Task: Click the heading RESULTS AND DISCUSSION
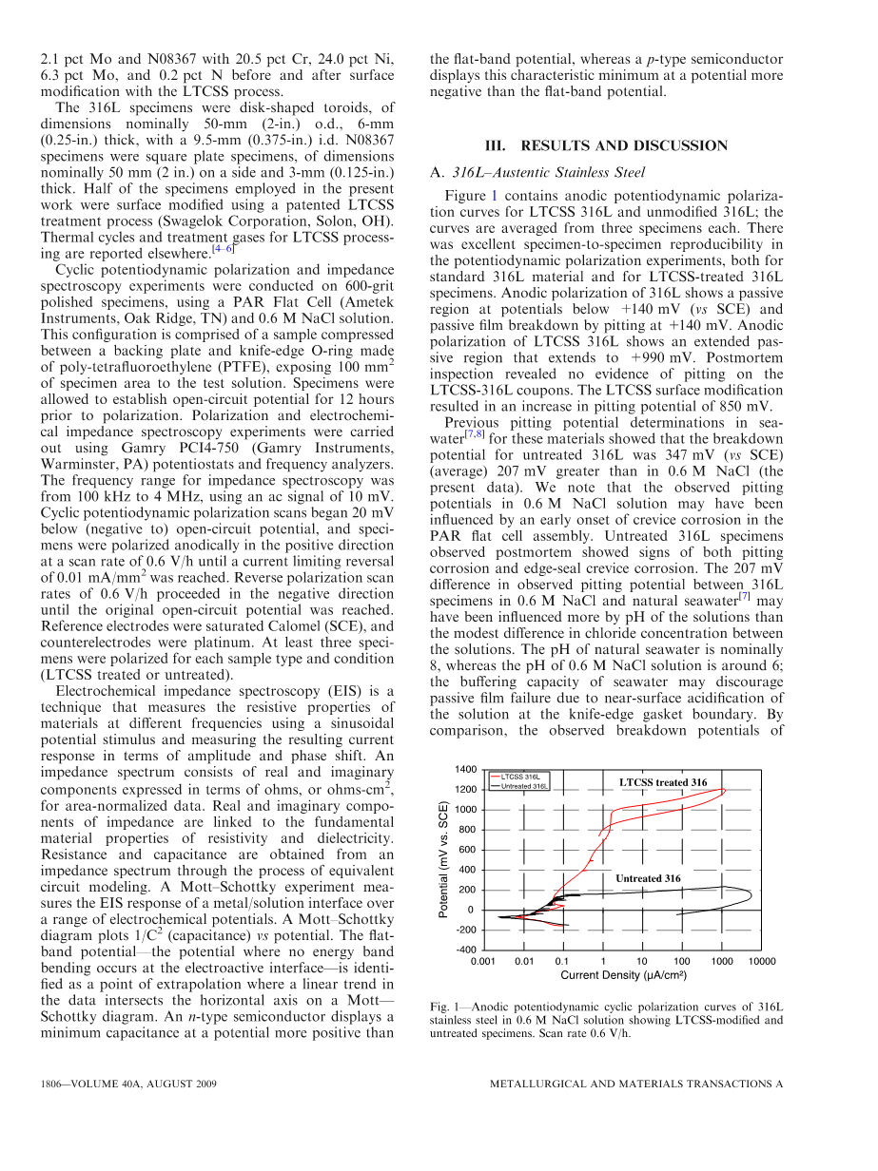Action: (x=606, y=145)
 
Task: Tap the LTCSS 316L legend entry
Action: (x=521, y=777)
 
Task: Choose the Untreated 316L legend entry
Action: (x=524, y=786)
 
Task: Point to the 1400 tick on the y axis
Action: (x=466, y=769)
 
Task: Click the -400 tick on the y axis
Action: (x=466, y=950)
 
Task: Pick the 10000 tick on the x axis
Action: (x=762, y=961)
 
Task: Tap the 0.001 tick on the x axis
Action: (x=484, y=961)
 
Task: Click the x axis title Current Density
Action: (x=623, y=975)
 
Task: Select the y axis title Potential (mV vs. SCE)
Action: (x=444, y=859)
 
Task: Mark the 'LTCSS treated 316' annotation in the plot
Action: (x=663, y=782)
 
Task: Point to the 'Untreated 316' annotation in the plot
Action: (x=648, y=878)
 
